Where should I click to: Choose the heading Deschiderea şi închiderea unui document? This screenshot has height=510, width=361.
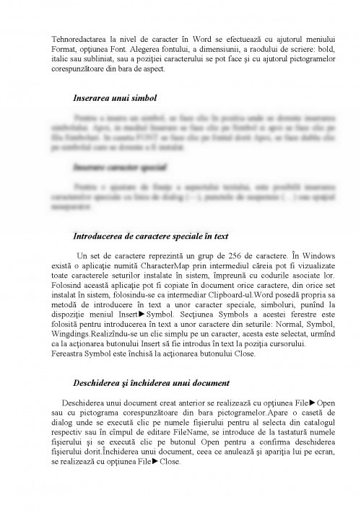151,383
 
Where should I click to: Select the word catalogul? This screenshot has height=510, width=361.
297,422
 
